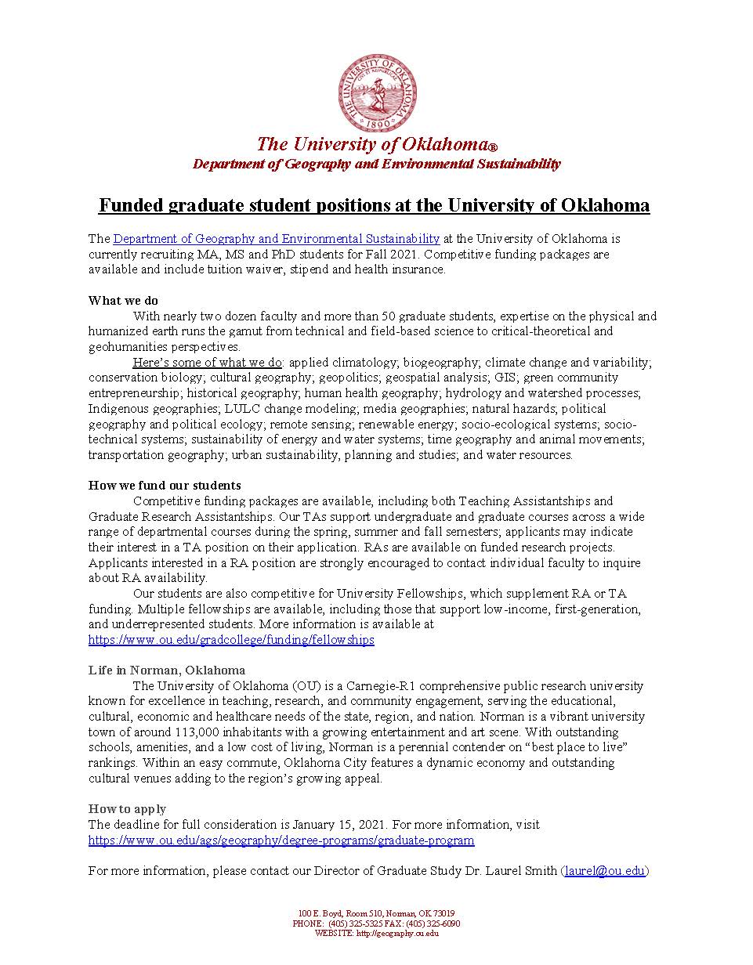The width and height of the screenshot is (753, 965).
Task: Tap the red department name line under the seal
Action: point(376,164)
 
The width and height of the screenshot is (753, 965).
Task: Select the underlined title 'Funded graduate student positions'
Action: point(374,205)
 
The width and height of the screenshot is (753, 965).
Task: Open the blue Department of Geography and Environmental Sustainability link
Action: point(276,239)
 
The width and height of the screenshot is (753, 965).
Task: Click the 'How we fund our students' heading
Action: point(165,485)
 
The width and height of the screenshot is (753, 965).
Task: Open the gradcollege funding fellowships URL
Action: point(231,640)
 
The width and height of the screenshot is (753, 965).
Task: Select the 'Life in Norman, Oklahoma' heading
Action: point(166,670)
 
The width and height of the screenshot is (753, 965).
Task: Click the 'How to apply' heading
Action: point(127,809)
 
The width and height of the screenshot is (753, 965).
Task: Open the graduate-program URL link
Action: point(281,840)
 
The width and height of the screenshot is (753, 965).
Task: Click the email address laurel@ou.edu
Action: point(604,871)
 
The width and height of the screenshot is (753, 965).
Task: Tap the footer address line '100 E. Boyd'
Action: point(376,913)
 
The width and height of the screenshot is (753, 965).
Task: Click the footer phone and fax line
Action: point(376,923)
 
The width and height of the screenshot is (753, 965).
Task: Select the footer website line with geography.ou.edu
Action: point(376,933)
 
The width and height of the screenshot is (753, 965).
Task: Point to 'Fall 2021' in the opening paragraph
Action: point(359,255)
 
